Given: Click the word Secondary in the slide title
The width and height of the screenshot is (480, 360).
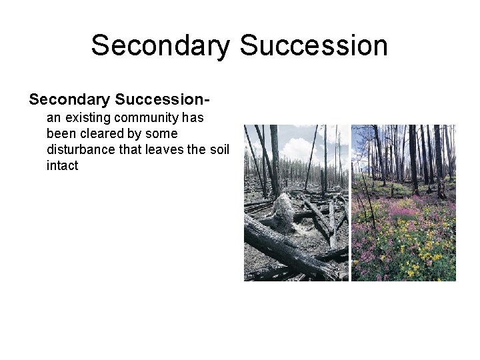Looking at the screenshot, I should (x=160, y=46).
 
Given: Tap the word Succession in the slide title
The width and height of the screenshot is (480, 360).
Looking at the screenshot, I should (x=313, y=46).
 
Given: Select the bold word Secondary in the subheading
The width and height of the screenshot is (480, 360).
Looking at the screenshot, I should (x=69, y=100).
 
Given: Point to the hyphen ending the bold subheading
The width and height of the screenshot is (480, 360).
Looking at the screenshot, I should (x=207, y=101).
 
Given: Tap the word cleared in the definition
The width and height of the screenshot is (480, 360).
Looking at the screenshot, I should (x=102, y=134).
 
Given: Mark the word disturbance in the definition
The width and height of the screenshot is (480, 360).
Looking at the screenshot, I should (x=81, y=150).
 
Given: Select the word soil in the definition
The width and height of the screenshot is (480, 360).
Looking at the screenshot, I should (x=218, y=150).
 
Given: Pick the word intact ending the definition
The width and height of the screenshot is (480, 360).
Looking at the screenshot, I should (x=62, y=166).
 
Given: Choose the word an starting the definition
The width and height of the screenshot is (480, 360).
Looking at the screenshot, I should (x=53, y=118).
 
